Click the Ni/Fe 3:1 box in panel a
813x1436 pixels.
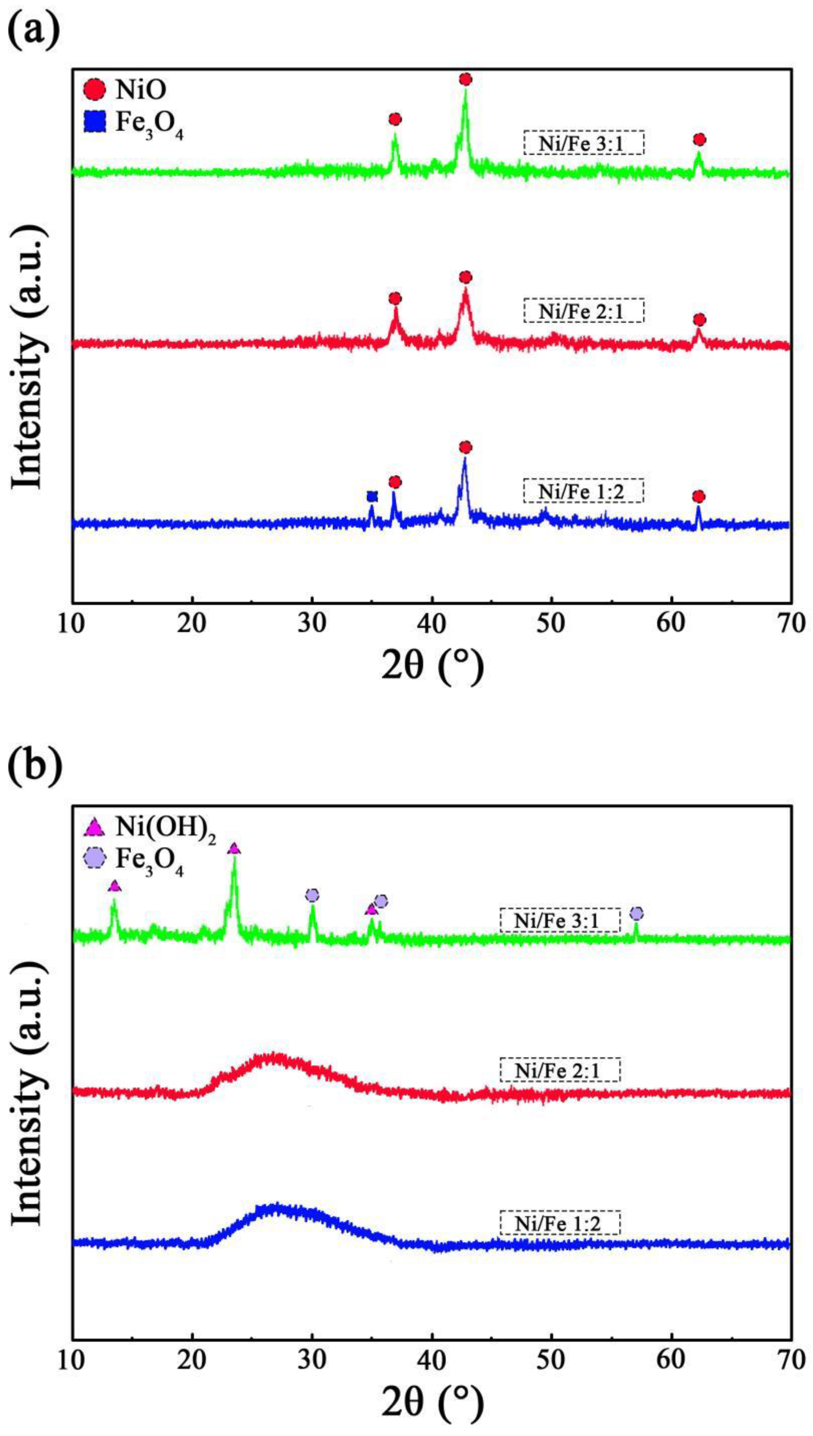(583, 143)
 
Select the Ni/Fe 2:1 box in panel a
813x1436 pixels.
(583, 311)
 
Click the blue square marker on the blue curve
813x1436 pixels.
(372, 496)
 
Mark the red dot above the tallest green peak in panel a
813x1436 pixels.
(465, 79)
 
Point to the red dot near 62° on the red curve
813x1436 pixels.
(699, 320)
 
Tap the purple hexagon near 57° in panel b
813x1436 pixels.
(636, 913)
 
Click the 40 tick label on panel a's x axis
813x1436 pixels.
(432, 624)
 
